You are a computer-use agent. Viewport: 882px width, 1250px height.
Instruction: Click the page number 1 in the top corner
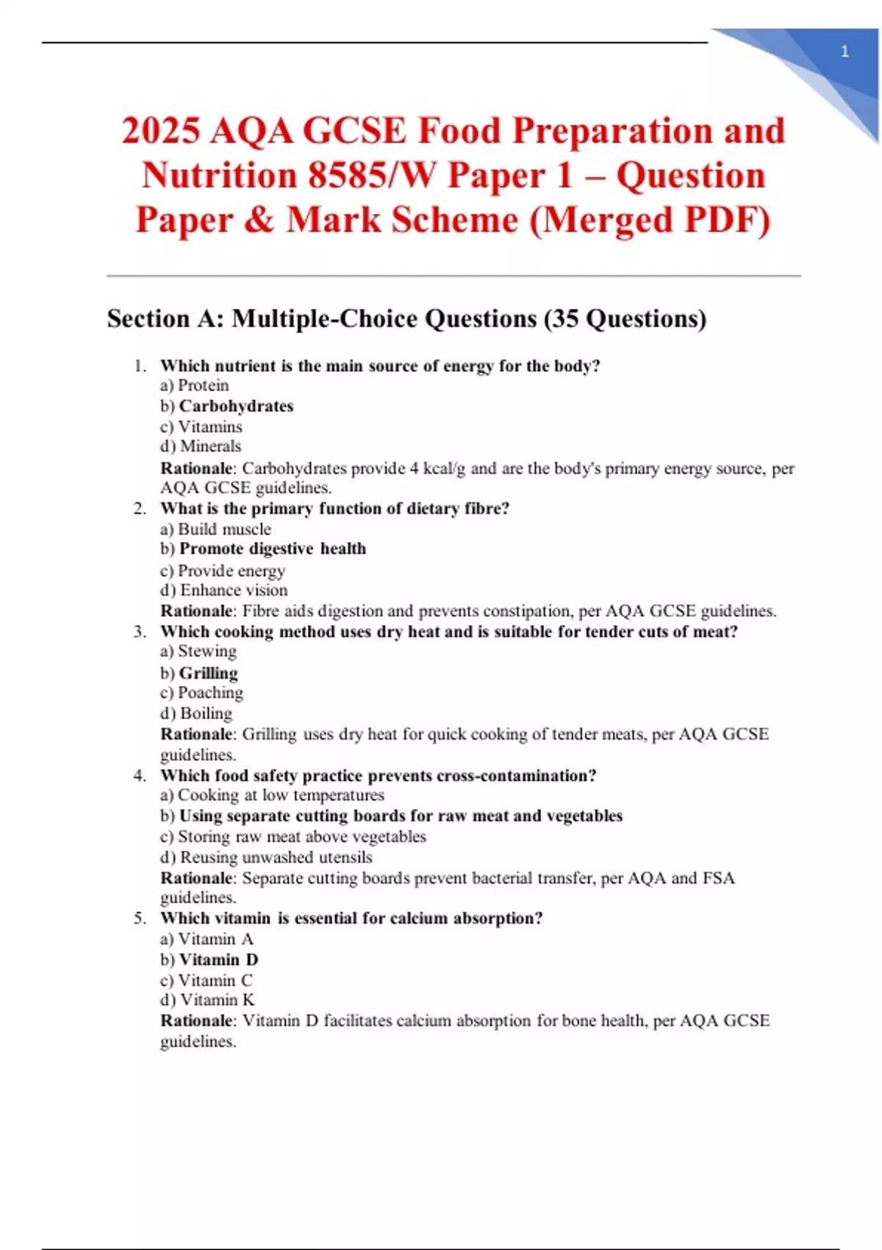[x=845, y=51]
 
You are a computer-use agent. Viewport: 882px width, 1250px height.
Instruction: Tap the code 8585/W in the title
[x=372, y=176]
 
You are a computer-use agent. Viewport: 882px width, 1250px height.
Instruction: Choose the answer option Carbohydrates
[x=236, y=406]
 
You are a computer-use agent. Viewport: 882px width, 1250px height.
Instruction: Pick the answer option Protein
[x=203, y=385]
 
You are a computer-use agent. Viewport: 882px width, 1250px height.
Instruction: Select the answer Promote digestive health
[x=272, y=549]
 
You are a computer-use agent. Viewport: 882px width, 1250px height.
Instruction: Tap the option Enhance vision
[x=234, y=590]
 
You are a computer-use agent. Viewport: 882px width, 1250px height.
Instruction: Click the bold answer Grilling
[x=208, y=673]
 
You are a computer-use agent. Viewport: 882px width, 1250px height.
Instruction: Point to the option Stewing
[x=207, y=651]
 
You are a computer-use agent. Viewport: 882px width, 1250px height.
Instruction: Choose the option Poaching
[x=210, y=693]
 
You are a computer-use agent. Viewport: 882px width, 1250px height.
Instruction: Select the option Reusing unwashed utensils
[x=276, y=857]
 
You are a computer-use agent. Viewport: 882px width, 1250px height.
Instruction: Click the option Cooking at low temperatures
[x=281, y=795]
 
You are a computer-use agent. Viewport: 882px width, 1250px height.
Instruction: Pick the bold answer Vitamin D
[x=218, y=960]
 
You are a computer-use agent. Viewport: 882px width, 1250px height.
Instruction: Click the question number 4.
[x=140, y=776]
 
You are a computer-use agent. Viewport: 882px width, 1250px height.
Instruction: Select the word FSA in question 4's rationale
[x=718, y=878]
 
